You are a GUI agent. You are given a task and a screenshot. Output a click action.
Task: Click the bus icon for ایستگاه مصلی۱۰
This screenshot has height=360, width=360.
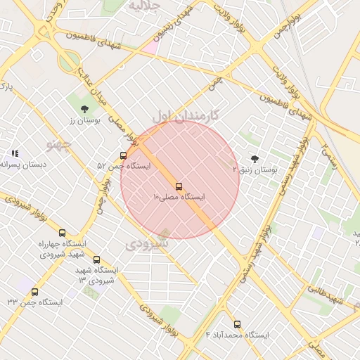tap(179, 186)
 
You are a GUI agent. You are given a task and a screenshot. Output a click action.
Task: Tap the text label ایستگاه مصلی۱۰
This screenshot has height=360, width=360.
tap(179, 198)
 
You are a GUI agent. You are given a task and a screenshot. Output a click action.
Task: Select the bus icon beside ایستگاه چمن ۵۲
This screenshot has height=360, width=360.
tap(124, 155)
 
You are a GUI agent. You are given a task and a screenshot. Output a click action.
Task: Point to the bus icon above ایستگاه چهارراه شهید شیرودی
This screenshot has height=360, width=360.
tap(62, 233)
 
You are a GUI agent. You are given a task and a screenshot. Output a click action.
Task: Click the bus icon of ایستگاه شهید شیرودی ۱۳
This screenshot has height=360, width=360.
tap(96, 259)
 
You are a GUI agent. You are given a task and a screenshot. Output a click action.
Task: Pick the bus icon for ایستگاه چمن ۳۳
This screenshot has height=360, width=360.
tap(34, 292)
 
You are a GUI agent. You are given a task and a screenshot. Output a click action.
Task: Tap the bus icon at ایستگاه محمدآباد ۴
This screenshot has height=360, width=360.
tap(237, 325)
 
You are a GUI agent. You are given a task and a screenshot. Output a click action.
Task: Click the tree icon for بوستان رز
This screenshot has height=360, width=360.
tap(85, 109)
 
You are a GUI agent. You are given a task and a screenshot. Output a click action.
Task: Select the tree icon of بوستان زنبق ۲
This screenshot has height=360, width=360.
tap(255, 159)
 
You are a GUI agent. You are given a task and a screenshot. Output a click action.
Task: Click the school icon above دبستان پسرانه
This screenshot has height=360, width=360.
tap(15, 153)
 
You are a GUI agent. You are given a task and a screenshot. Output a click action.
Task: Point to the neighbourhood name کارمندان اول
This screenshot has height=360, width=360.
tap(186, 114)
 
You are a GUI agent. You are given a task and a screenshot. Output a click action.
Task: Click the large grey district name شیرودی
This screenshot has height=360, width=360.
tap(148, 244)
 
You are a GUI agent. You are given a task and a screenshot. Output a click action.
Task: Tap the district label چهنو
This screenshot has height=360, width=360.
tap(59, 145)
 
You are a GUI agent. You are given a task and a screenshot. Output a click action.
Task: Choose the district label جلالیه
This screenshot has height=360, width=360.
tap(146, 5)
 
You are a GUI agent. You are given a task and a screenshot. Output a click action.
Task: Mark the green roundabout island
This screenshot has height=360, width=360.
tap(70, 62)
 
